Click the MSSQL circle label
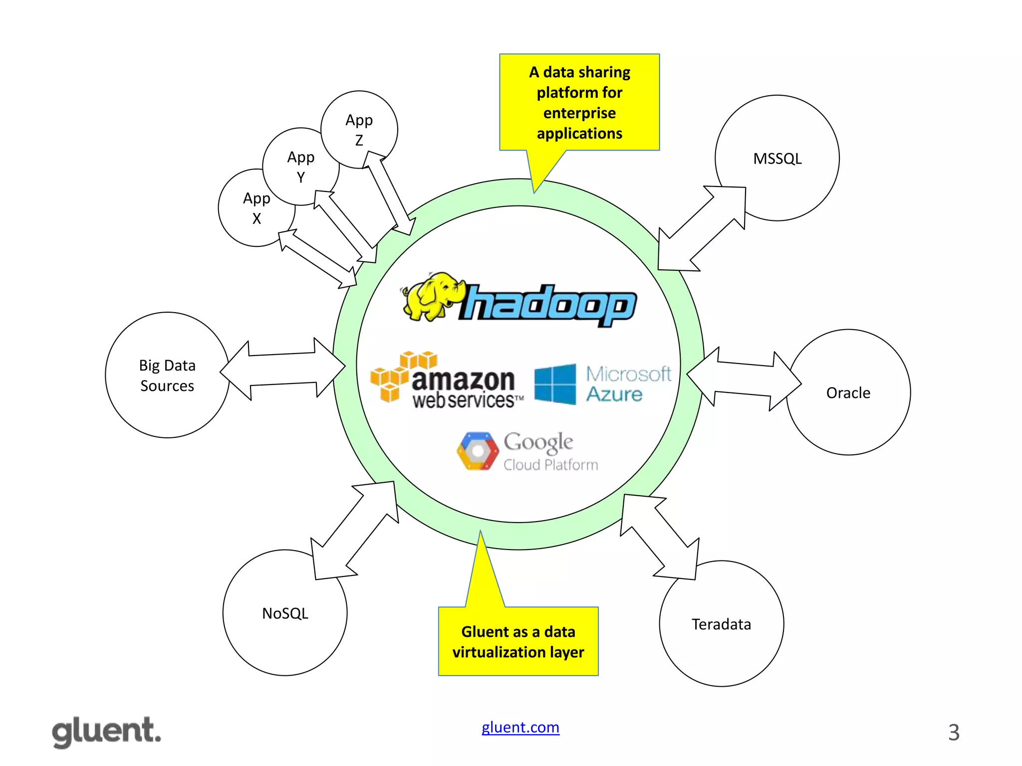click(x=777, y=159)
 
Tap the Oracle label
click(x=848, y=393)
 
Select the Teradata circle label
click(x=721, y=624)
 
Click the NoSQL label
click(x=285, y=613)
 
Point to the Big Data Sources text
click(x=167, y=376)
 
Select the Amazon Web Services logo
click(x=447, y=382)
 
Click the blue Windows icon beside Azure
click(x=555, y=384)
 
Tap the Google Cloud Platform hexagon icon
click(x=478, y=451)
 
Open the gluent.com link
click(x=520, y=727)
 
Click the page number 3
click(x=953, y=733)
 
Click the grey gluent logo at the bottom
click(x=107, y=732)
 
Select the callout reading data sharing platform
click(x=579, y=103)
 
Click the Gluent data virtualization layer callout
click(x=518, y=641)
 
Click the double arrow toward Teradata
click(x=659, y=537)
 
